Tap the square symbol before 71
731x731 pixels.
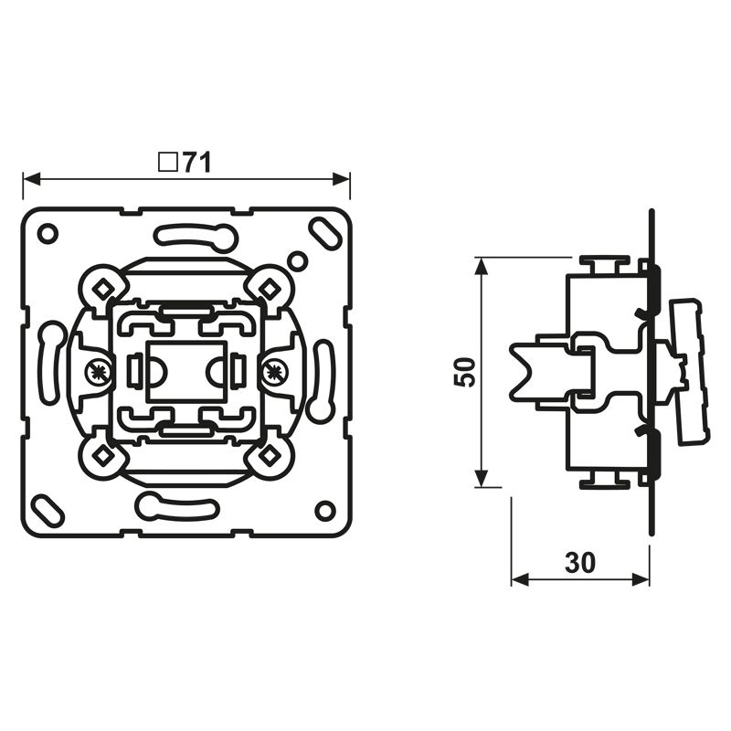click(x=168, y=163)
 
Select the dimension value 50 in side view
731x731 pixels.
click(x=466, y=372)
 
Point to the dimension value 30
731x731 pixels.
click(x=580, y=563)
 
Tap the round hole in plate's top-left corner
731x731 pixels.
click(x=48, y=233)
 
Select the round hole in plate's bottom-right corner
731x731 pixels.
click(x=325, y=510)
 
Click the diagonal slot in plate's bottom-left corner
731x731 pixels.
click(x=46, y=507)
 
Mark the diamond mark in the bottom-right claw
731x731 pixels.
click(x=270, y=453)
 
